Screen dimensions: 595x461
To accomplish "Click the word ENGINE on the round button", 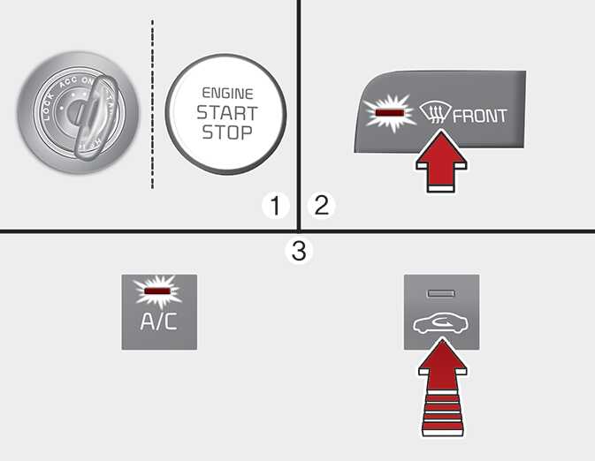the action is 227,94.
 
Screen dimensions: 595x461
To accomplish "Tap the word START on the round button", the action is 227,113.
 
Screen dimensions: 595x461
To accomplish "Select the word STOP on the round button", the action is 227,132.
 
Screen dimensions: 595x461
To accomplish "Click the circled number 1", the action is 275,206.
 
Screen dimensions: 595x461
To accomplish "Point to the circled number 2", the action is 322,205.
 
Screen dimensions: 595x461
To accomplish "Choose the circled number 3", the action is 299,251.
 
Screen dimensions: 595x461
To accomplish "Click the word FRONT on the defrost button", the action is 480,116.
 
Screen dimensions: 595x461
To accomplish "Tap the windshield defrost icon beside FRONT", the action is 435,113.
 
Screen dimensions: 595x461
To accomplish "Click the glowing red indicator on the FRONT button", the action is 389,112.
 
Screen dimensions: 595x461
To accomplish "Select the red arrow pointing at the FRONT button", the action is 442,161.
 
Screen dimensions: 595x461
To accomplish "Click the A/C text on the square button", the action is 158,321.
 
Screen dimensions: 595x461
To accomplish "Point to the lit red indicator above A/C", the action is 158,291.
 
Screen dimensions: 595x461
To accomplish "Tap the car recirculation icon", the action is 441,325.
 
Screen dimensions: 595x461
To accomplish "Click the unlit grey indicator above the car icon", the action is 441,293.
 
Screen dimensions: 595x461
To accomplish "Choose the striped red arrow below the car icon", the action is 442,388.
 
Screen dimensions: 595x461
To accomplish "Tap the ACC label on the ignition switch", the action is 68,83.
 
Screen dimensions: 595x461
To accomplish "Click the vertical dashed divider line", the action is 153,104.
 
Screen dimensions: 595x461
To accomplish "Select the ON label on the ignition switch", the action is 88,80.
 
